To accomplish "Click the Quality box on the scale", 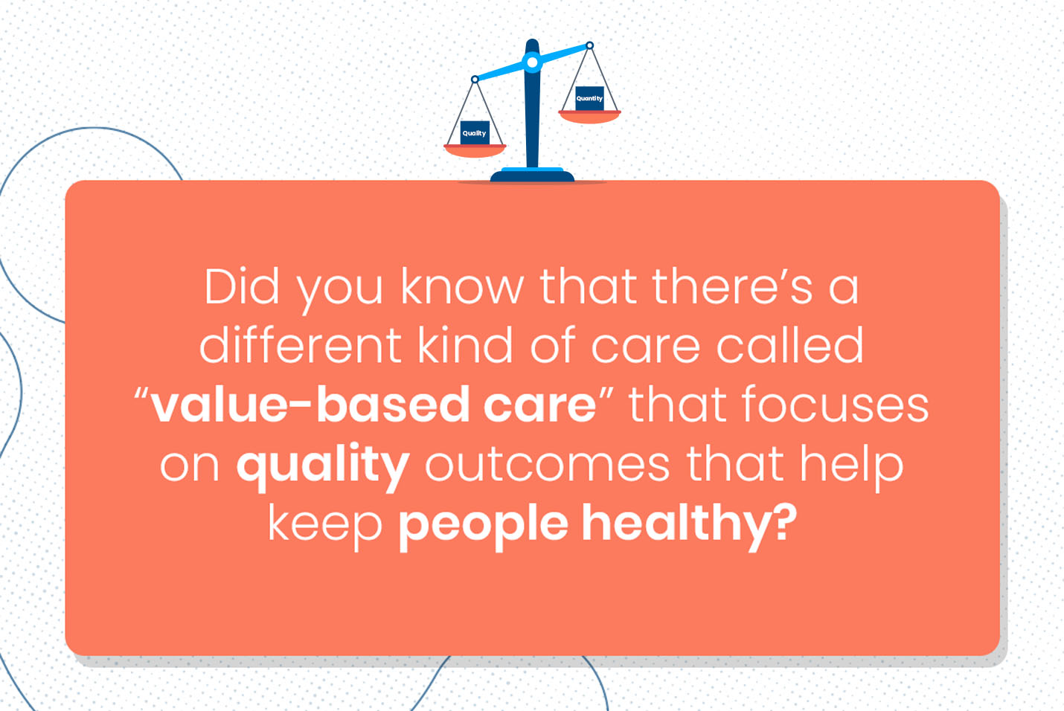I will tap(475, 132).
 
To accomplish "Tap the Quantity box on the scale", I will tap(589, 98).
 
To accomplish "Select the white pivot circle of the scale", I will tap(532, 62).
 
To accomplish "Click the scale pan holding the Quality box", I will tap(475, 150).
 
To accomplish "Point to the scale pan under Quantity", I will tap(589, 116).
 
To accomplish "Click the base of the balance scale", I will tap(532, 175).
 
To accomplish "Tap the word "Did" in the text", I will tap(242, 286).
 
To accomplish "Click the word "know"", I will tap(462, 286).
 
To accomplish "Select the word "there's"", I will tap(732, 286).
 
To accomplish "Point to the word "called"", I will tap(789, 346).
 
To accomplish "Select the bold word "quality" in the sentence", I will tap(323, 466).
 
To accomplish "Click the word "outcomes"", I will tap(547, 465).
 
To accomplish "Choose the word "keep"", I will tap(324, 525).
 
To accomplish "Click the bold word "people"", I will tap(484, 525).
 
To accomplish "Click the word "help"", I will tap(851, 465).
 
